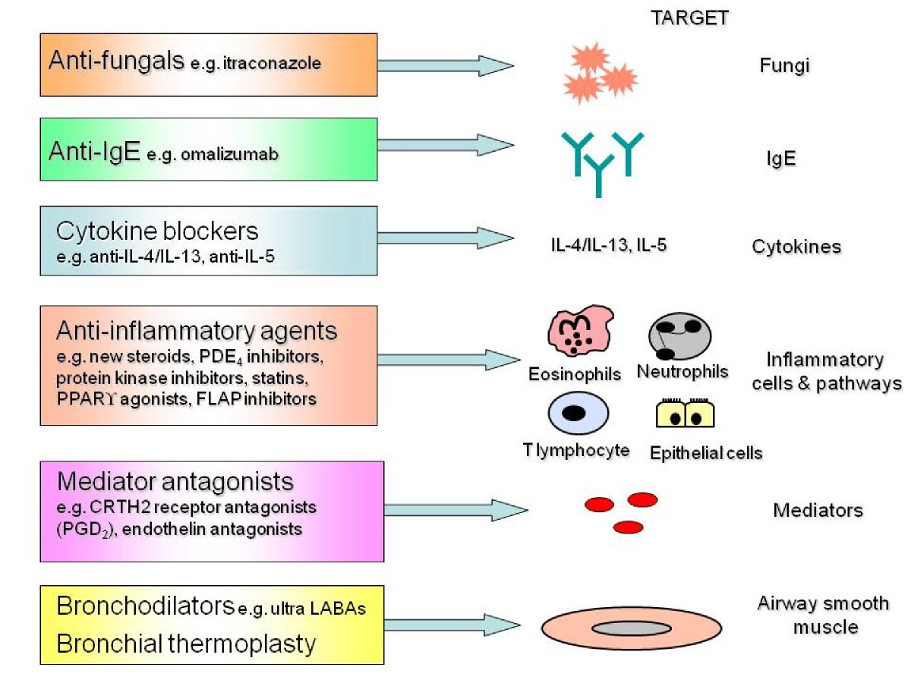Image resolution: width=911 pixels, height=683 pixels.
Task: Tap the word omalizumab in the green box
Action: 235,154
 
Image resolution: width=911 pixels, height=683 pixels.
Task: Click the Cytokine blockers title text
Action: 157,231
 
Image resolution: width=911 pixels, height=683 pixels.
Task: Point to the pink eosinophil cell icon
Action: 580,333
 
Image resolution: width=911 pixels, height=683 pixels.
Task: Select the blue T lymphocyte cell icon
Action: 576,414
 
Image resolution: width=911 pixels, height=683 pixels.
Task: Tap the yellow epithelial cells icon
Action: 686,414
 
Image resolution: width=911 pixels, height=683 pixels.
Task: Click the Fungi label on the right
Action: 784,66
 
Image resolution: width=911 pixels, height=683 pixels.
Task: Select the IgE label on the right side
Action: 781,160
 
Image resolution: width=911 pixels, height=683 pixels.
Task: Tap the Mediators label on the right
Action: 818,510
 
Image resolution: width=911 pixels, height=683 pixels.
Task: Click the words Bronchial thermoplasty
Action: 186,644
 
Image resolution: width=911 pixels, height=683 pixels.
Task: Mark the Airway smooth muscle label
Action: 823,615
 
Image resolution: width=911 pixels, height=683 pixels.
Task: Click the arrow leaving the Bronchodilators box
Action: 452,625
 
